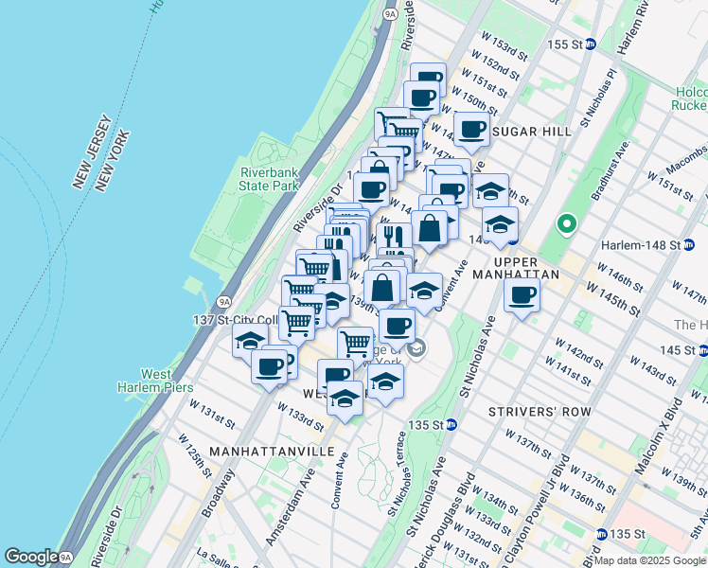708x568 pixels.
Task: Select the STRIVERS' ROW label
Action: (540, 412)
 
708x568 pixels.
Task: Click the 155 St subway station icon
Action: (589, 44)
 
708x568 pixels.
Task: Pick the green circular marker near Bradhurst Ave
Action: (567, 224)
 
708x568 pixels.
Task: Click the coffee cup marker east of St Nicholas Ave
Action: (522, 295)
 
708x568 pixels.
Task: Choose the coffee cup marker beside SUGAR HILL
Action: (471, 130)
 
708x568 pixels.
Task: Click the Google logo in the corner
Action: (32, 557)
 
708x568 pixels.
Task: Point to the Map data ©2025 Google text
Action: (648, 560)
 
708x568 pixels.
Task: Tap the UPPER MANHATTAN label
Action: (516, 270)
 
